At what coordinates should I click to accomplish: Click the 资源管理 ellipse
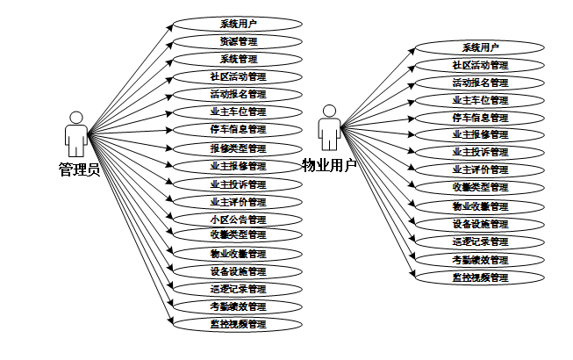pos(238,41)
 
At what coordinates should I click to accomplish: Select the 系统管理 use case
pos(238,59)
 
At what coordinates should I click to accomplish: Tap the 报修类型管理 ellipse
pos(238,148)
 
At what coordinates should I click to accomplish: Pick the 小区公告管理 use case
pos(238,220)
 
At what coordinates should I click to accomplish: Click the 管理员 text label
pos(79,169)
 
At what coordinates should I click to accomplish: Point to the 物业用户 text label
pos(329,165)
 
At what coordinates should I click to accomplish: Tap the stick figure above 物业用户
pos(329,128)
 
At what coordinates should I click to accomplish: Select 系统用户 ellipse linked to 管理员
pos(238,24)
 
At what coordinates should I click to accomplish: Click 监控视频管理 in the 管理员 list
pos(238,324)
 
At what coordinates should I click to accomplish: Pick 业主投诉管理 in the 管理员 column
pos(238,184)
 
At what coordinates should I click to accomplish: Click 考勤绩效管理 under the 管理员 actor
pos(238,306)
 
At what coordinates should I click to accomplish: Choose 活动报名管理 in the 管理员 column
pos(238,94)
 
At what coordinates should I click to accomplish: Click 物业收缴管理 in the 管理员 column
pos(238,254)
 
